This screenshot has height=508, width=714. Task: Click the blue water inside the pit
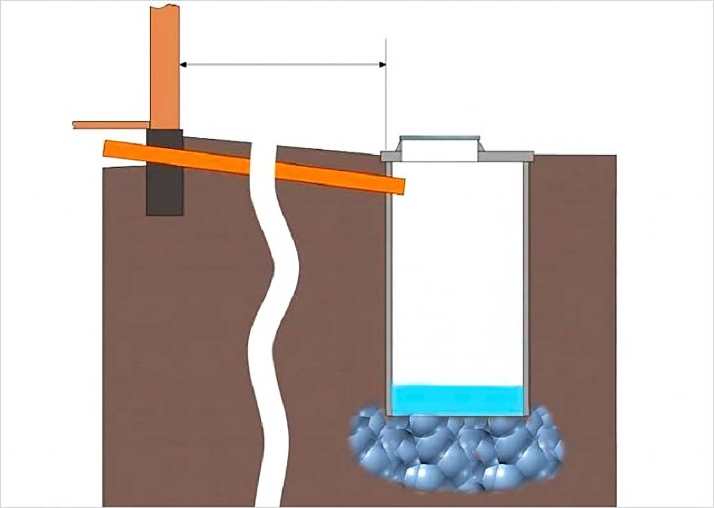click(458, 399)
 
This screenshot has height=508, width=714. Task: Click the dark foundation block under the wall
click(165, 190)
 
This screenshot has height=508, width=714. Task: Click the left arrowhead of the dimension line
click(184, 64)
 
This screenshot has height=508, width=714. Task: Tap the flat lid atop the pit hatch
click(439, 137)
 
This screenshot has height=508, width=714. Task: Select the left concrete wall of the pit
click(388, 286)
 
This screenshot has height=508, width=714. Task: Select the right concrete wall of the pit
click(527, 286)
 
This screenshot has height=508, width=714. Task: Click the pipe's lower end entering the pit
click(397, 185)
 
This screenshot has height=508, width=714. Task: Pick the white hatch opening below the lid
click(439, 150)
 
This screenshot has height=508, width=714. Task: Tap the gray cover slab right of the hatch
click(509, 156)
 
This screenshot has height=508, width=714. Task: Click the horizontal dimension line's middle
click(283, 64)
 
